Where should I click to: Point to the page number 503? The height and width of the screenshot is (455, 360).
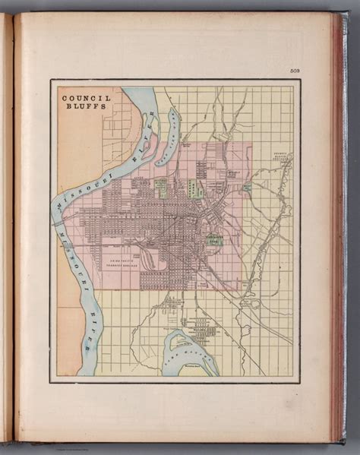tap(295, 71)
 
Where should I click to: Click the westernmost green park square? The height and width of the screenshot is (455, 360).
tap(161, 187)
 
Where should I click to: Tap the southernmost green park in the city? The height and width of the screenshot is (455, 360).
tap(215, 241)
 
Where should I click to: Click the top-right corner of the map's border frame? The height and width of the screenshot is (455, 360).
tap(299, 80)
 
